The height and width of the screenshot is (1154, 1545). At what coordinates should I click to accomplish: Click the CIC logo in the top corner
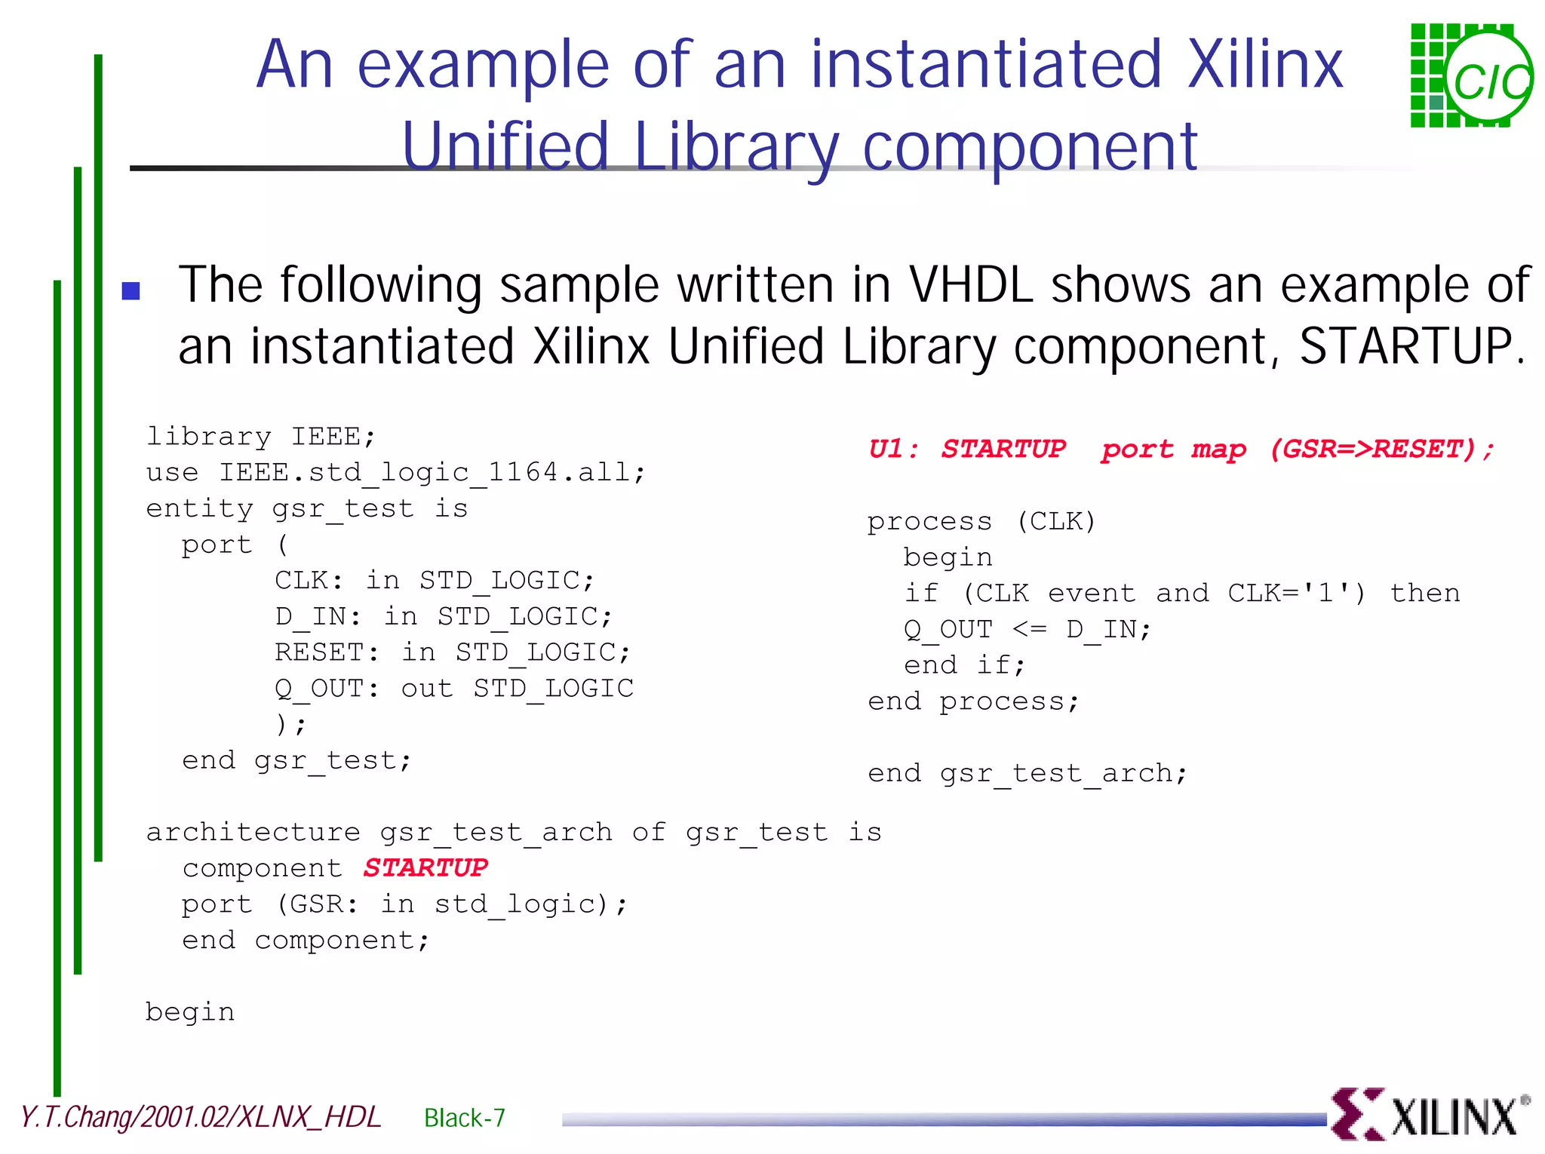(1470, 76)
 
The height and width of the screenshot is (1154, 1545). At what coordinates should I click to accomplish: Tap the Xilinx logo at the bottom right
(1430, 1115)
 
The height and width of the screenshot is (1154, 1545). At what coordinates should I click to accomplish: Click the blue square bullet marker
(131, 290)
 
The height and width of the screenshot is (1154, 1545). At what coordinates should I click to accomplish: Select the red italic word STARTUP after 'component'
(425, 867)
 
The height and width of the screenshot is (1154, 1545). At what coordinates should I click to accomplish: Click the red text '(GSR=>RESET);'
(1382, 450)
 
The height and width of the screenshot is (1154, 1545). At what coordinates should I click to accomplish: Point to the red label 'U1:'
(893, 450)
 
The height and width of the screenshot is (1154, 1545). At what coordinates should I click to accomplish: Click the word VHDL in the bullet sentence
(970, 285)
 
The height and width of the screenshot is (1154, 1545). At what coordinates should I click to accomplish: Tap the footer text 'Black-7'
(465, 1118)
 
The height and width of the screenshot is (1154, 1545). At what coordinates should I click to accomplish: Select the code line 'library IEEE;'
(260, 437)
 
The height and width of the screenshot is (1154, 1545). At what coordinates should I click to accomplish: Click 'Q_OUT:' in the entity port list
(327, 688)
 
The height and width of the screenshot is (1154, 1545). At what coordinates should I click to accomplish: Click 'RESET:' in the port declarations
(327, 652)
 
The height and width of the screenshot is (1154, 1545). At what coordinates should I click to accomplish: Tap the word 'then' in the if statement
(1424, 593)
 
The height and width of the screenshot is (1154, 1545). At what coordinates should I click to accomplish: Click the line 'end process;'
(973, 701)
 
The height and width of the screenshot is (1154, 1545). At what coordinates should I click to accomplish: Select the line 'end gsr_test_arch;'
(1027, 773)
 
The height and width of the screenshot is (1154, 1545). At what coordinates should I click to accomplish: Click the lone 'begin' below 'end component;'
(190, 1012)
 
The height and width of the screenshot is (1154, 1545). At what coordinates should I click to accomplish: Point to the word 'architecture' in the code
(253, 832)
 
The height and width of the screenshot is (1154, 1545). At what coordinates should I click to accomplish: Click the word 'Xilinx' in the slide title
(1265, 65)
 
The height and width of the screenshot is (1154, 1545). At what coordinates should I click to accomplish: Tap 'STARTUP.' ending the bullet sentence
(1411, 347)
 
